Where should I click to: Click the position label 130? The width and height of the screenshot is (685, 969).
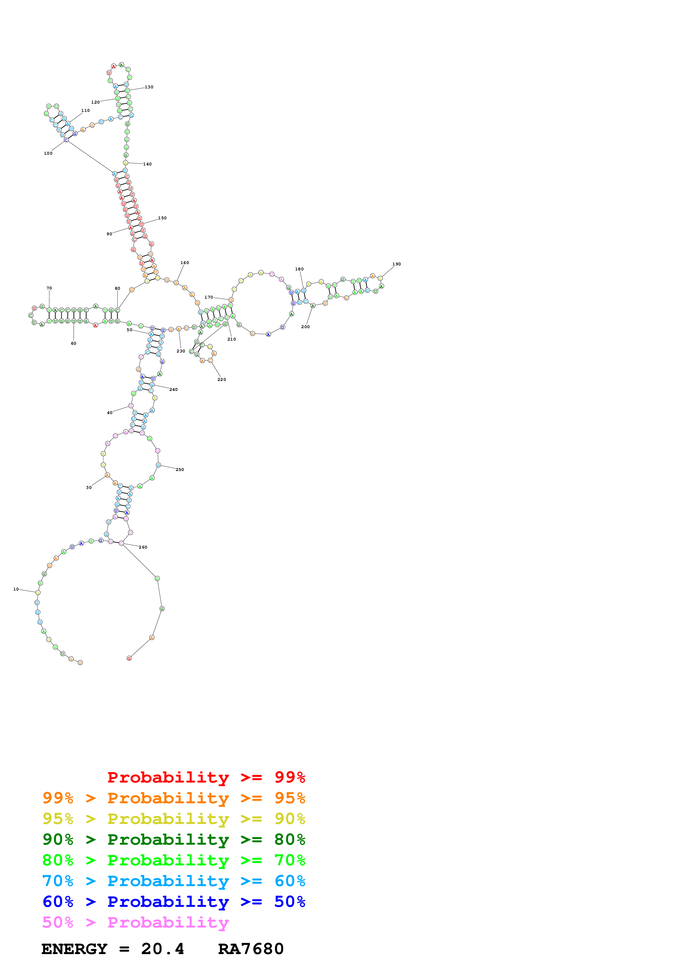[149, 87]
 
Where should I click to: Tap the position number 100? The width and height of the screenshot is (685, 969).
[48, 153]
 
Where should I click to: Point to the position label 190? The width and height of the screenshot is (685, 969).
[396, 264]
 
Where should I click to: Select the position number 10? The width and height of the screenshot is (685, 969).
[16, 589]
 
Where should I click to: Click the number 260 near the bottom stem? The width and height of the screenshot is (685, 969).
[143, 547]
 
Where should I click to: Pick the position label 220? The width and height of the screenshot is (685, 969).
[222, 380]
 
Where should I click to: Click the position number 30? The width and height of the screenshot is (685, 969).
[89, 488]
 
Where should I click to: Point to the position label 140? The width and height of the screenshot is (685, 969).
[147, 164]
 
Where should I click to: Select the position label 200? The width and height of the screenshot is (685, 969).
[305, 327]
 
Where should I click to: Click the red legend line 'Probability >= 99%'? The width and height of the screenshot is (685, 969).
[206, 777]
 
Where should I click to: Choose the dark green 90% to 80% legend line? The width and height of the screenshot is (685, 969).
[174, 839]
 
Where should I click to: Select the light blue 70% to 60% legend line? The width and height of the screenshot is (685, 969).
[174, 881]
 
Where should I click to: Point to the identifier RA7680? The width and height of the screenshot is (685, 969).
[251, 949]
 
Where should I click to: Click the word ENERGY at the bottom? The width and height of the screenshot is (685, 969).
[74, 949]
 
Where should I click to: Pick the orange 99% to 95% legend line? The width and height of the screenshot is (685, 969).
[174, 798]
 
